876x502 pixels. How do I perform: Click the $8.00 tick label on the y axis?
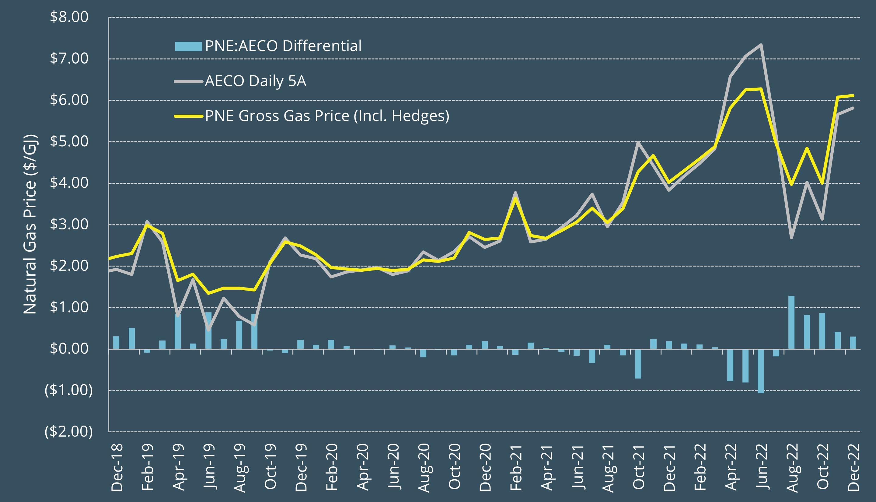click(x=69, y=17)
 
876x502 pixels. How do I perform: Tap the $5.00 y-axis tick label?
click(x=69, y=141)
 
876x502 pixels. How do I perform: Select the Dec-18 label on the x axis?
click(x=117, y=467)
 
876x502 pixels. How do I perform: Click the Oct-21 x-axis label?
click(x=638, y=467)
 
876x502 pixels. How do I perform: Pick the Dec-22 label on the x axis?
click(x=853, y=467)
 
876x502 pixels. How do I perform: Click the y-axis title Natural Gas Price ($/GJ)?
click(x=30, y=224)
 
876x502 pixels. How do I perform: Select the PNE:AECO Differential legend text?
click(x=283, y=46)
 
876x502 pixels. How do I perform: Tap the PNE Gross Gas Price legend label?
click(x=327, y=116)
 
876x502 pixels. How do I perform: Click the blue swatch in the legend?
click(x=188, y=46)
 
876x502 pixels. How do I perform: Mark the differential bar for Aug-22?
click(x=791, y=322)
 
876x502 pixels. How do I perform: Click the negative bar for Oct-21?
click(x=638, y=364)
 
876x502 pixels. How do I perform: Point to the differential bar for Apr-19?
click(x=178, y=331)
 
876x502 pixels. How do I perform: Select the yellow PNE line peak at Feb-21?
click(x=515, y=198)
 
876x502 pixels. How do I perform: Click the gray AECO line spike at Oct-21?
click(x=638, y=142)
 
